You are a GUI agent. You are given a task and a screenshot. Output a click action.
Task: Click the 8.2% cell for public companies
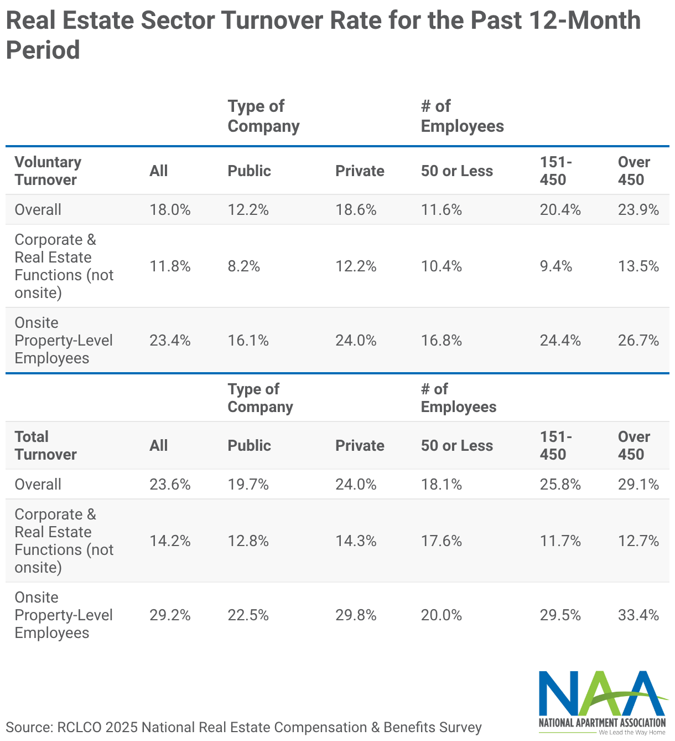click(x=243, y=266)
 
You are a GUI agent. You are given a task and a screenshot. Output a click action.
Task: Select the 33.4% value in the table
click(x=638, y=615)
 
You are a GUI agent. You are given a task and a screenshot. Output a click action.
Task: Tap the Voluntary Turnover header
click(x=48, y=171)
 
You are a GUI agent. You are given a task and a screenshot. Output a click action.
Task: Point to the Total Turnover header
click(x=46, y=445)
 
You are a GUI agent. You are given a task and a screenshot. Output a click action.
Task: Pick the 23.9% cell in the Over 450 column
click(x=638, y=210)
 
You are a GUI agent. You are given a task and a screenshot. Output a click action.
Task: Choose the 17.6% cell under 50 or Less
click(x=442, y=541)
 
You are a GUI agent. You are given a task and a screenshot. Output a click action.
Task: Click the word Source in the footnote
click(x=29, y=727)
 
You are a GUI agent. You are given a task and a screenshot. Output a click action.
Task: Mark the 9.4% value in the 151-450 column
click(x=556, y=266)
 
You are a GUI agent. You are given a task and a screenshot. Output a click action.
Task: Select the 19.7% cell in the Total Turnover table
click(x=248, y=484)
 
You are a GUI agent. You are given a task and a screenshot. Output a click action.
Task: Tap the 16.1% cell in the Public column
click(x=248, y=340)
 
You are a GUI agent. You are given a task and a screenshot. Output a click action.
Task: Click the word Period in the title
click(x=43, y=50)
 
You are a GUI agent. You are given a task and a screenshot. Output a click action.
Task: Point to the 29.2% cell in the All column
click(x=170, y=615)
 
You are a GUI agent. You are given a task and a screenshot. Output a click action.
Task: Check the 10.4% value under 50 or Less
click(x=442, y=266)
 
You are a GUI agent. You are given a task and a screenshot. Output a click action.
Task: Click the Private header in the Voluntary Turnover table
click(x=360, y=171)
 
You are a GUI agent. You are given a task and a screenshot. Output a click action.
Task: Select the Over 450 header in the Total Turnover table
click(x=634, y=445)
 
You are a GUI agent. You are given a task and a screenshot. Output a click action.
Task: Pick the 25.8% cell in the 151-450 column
click(x=560, y=484)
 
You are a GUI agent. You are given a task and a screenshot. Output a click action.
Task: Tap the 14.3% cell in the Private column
click(x=356, y=541)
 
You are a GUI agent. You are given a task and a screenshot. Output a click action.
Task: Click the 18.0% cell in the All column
click(x=170, y=210)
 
